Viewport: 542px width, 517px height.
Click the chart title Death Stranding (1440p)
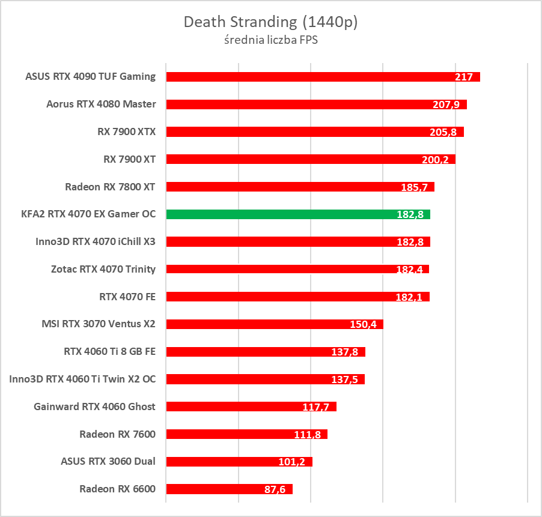(270, 22)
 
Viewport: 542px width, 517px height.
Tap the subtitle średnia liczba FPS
(270, 41)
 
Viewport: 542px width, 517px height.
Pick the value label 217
(464, 77)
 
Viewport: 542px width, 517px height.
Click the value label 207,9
(446, 104)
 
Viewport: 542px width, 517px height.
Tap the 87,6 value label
(277, 489)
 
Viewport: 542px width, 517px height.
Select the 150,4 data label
(363, 324)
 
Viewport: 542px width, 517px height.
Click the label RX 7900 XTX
(126, 132)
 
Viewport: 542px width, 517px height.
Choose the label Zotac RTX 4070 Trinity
(103, 269)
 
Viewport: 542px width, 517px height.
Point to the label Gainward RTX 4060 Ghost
(95, 407)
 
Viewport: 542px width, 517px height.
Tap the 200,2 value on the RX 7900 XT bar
(435, 160)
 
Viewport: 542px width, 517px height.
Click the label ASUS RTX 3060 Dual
(108, 462)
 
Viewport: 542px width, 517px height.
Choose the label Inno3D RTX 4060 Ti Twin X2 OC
(82, 379)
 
